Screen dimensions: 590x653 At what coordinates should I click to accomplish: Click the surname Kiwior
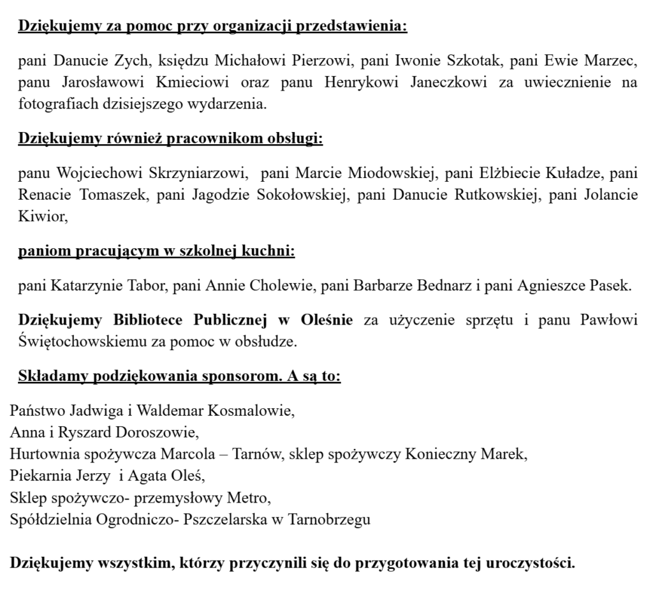click(x=42, y=217)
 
